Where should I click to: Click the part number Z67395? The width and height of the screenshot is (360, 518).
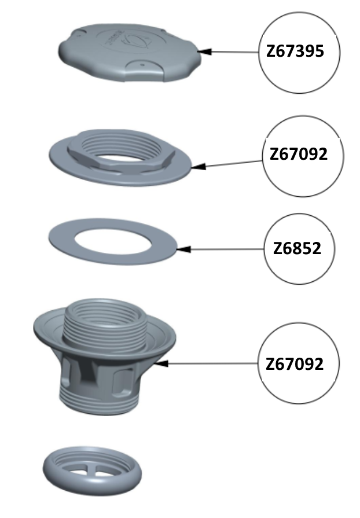coord(295,52)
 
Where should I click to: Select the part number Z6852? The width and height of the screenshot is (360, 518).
coord(297,248)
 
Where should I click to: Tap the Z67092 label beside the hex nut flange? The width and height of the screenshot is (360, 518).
coord(299,154)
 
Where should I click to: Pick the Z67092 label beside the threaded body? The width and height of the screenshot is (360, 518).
coord(295,364)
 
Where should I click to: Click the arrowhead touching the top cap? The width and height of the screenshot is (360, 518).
coord(204,52)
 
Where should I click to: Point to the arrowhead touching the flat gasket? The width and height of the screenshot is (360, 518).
coord(183,249)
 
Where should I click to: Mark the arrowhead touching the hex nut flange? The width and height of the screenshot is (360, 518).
coord(199,166)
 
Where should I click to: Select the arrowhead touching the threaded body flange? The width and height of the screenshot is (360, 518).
coord(161,363)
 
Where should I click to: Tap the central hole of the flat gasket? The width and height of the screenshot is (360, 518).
coord(113,242)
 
